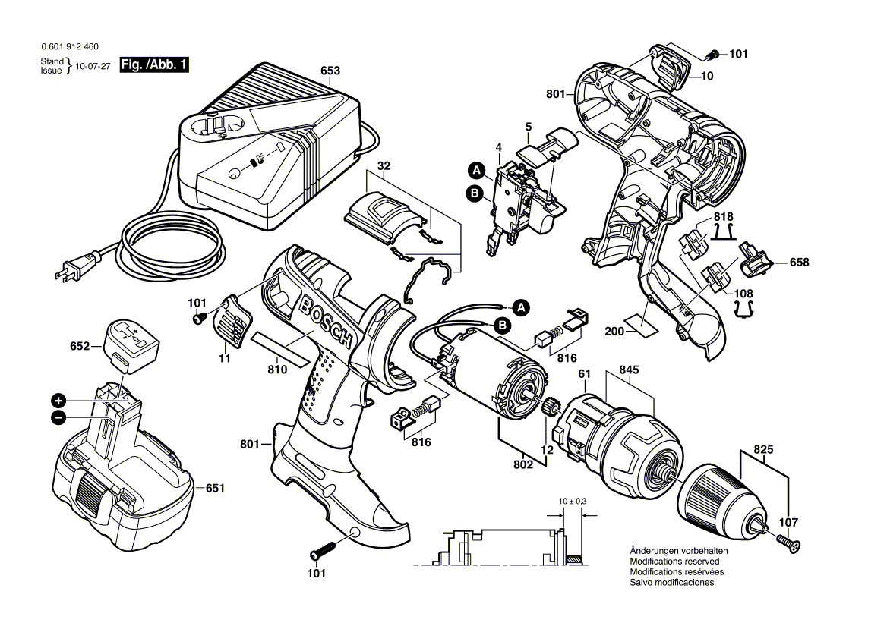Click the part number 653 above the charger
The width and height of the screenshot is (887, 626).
point(330,71)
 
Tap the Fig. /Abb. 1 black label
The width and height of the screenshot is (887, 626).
point(154,66)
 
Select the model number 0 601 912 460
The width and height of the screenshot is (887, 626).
point(69,47)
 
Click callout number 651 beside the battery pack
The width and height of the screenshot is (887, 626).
point(215,489)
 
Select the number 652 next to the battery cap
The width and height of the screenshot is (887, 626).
point(80,346)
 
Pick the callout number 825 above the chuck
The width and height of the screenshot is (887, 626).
point(764,450)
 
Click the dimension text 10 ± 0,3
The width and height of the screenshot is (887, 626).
point(571,502)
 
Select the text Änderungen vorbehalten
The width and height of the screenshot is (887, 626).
point(679,551)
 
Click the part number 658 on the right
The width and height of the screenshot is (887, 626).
point(798,263)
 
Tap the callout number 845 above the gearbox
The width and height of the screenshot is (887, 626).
point(630,370)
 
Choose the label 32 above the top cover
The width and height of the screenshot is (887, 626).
point(384,165)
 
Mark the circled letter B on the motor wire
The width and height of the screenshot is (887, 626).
point(501,326)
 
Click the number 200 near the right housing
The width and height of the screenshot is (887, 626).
point(614,332)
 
